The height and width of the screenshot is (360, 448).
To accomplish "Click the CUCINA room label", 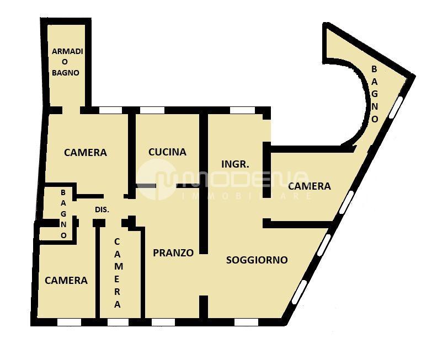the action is [x=167, y=152].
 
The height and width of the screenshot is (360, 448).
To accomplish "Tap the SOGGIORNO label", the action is [x=257, y=260].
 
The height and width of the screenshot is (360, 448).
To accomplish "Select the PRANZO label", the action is [x=173, y=253].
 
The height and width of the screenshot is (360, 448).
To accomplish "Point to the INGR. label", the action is [x=236, y=164].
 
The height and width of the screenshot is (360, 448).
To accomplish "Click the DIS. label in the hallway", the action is [x=102, y=210].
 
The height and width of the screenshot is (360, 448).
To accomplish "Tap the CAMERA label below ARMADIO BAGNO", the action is [x=86, y=153].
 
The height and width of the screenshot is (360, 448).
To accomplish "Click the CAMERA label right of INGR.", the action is [x=310, y=186].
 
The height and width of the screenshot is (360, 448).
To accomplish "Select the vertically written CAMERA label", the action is [x=118, y=273].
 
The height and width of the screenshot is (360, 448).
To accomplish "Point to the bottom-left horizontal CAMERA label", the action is [x=66, y=281].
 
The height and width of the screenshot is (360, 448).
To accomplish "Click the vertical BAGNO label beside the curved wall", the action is [x=375, y=94].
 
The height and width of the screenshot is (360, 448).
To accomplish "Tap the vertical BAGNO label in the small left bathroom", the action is [x=63, y=214].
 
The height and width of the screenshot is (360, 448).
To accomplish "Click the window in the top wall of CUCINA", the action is [x=152, y=110].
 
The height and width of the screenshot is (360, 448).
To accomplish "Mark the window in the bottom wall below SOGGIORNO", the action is [x=246, y=323].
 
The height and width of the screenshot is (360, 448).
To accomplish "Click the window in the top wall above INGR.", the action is [x=242, y=110].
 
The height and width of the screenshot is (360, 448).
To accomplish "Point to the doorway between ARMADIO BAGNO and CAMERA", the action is [x=71, y=110].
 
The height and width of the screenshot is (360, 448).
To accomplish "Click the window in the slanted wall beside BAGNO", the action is [x=396, y=107].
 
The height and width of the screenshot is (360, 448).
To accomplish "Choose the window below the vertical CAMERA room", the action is [x=118, y=323].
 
